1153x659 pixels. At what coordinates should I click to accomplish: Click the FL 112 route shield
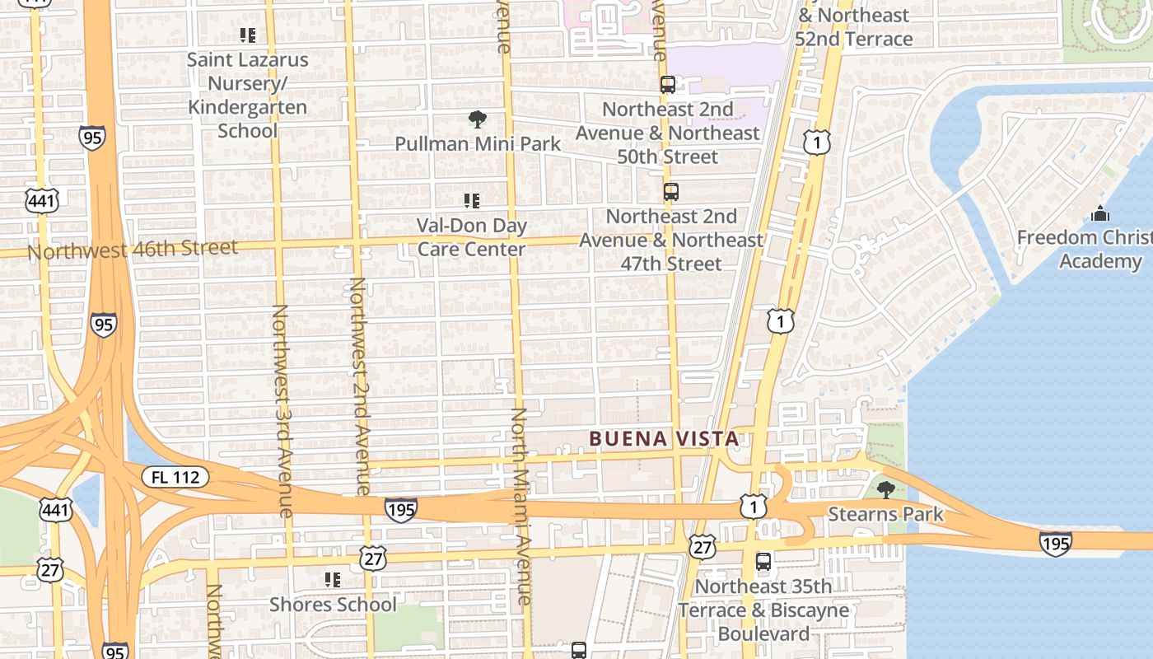point(175,477)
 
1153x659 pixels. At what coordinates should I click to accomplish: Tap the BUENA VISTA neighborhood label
point(664,439)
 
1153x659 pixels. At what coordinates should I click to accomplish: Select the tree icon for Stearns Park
point(885,490)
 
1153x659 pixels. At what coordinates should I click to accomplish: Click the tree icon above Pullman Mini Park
point(477,119)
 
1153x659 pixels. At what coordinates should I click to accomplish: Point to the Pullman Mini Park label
point(478,143)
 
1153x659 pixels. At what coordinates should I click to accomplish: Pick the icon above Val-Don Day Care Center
point(472,200)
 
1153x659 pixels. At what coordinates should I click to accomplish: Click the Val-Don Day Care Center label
point(471,237)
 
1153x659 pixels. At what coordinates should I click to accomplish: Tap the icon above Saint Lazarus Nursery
point(248,35)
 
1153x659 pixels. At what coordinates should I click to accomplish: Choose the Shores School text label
point(333,605)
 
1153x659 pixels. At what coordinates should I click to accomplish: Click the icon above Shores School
point(333,580)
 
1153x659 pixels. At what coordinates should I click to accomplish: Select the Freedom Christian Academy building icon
point(1100,214)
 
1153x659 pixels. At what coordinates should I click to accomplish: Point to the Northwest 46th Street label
point(133,248)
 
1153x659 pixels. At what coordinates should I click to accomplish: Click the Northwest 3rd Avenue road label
point(281,410)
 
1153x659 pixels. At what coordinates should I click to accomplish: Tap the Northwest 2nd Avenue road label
point(358,385)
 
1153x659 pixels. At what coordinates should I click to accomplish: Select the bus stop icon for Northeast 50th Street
point(668,85)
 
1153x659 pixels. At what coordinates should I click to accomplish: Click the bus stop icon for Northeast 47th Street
point(671,192)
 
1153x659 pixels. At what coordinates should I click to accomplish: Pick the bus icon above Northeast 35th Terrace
point(763,563)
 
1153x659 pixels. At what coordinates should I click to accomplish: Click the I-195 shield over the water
point(1055,543)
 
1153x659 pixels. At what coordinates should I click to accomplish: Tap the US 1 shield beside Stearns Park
point(753,506)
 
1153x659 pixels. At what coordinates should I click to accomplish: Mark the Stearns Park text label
point(885,515)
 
